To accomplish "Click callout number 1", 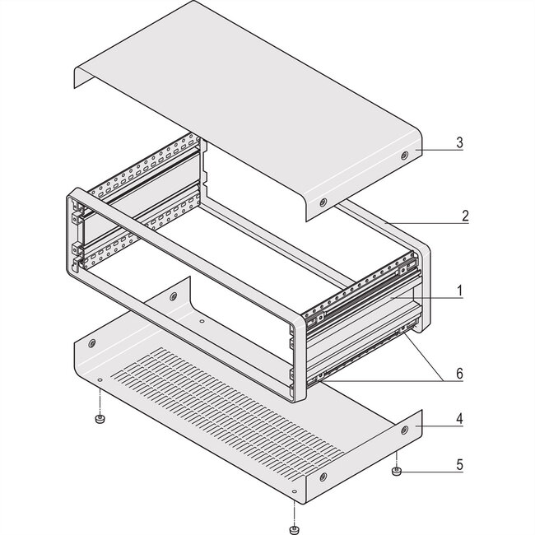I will tap(460, 291).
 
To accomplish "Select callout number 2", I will tap(465, 216).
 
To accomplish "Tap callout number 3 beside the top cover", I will tap(460, 143).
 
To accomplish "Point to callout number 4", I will tap(460, 420).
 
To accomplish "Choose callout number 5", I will tap(460, 464).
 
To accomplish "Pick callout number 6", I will tap(460, 374).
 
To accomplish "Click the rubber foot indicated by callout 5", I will tap(396, 472).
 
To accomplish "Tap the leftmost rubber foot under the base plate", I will tap(99, 420).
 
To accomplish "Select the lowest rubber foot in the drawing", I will tap(294, 528).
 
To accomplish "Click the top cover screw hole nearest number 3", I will tap(404, 156).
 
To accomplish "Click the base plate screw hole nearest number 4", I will tap(404, 430).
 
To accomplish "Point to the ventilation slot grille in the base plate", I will tap(222, 403).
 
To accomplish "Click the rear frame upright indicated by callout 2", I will tap(420, 272).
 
